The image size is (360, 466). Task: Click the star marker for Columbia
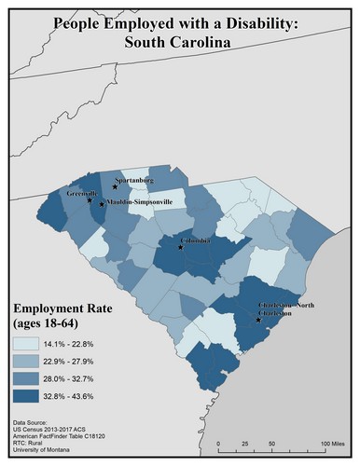181,248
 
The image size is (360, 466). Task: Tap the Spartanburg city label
132,179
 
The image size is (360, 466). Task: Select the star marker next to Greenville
90,200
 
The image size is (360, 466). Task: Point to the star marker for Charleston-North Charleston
258,318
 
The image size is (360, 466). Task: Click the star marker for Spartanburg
115,186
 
